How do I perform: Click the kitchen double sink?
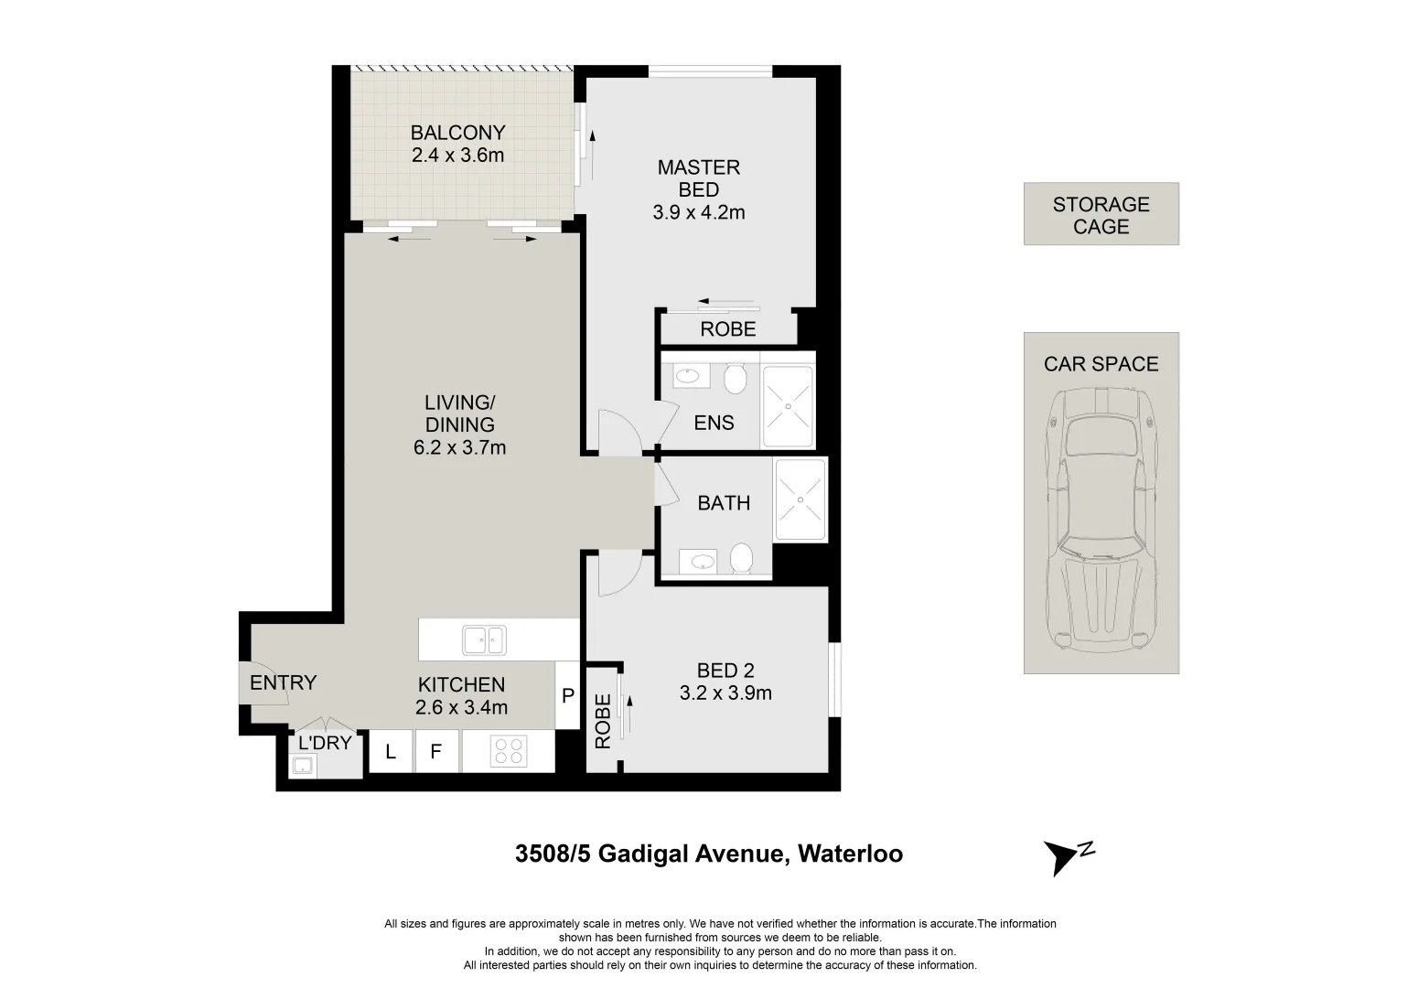coord(484,639)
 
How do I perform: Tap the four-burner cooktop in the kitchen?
coord(509,751)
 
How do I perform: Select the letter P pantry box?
coord(568,695)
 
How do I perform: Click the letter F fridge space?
coord(436,751)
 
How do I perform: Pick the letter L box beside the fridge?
coord(391,751)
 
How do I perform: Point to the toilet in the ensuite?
coord(735,379)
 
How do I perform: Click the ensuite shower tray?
coord(788,406)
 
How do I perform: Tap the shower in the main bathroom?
coord(800,499)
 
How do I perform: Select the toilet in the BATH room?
coord(741,558)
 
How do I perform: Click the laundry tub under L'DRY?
coord(303,766)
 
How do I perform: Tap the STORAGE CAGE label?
coord(1101,215)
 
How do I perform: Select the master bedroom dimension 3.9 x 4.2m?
coord(699,212)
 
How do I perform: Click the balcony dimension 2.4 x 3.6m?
coord(457,156)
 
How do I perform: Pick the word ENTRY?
coord(283,682)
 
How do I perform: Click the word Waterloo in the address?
coord(850,854)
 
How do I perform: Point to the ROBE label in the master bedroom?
coord(728,329)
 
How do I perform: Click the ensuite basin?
coord(687,377)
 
